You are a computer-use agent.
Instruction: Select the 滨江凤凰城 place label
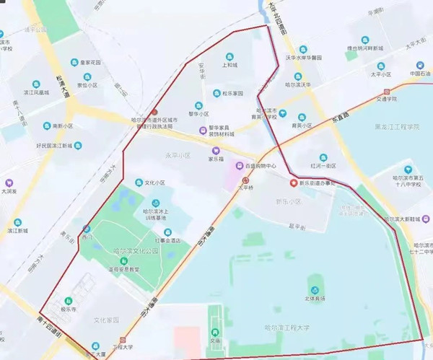point(34,92)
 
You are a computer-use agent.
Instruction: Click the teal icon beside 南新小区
point(47,126)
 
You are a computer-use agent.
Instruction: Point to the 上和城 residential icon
point(229,56)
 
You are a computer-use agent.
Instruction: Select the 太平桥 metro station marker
point(245,180)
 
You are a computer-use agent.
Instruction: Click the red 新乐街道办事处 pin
point(293,183)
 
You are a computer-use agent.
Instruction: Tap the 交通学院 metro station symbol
point(389,92)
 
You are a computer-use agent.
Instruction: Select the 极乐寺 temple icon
point(69,300)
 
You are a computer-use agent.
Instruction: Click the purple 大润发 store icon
point(9,183)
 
